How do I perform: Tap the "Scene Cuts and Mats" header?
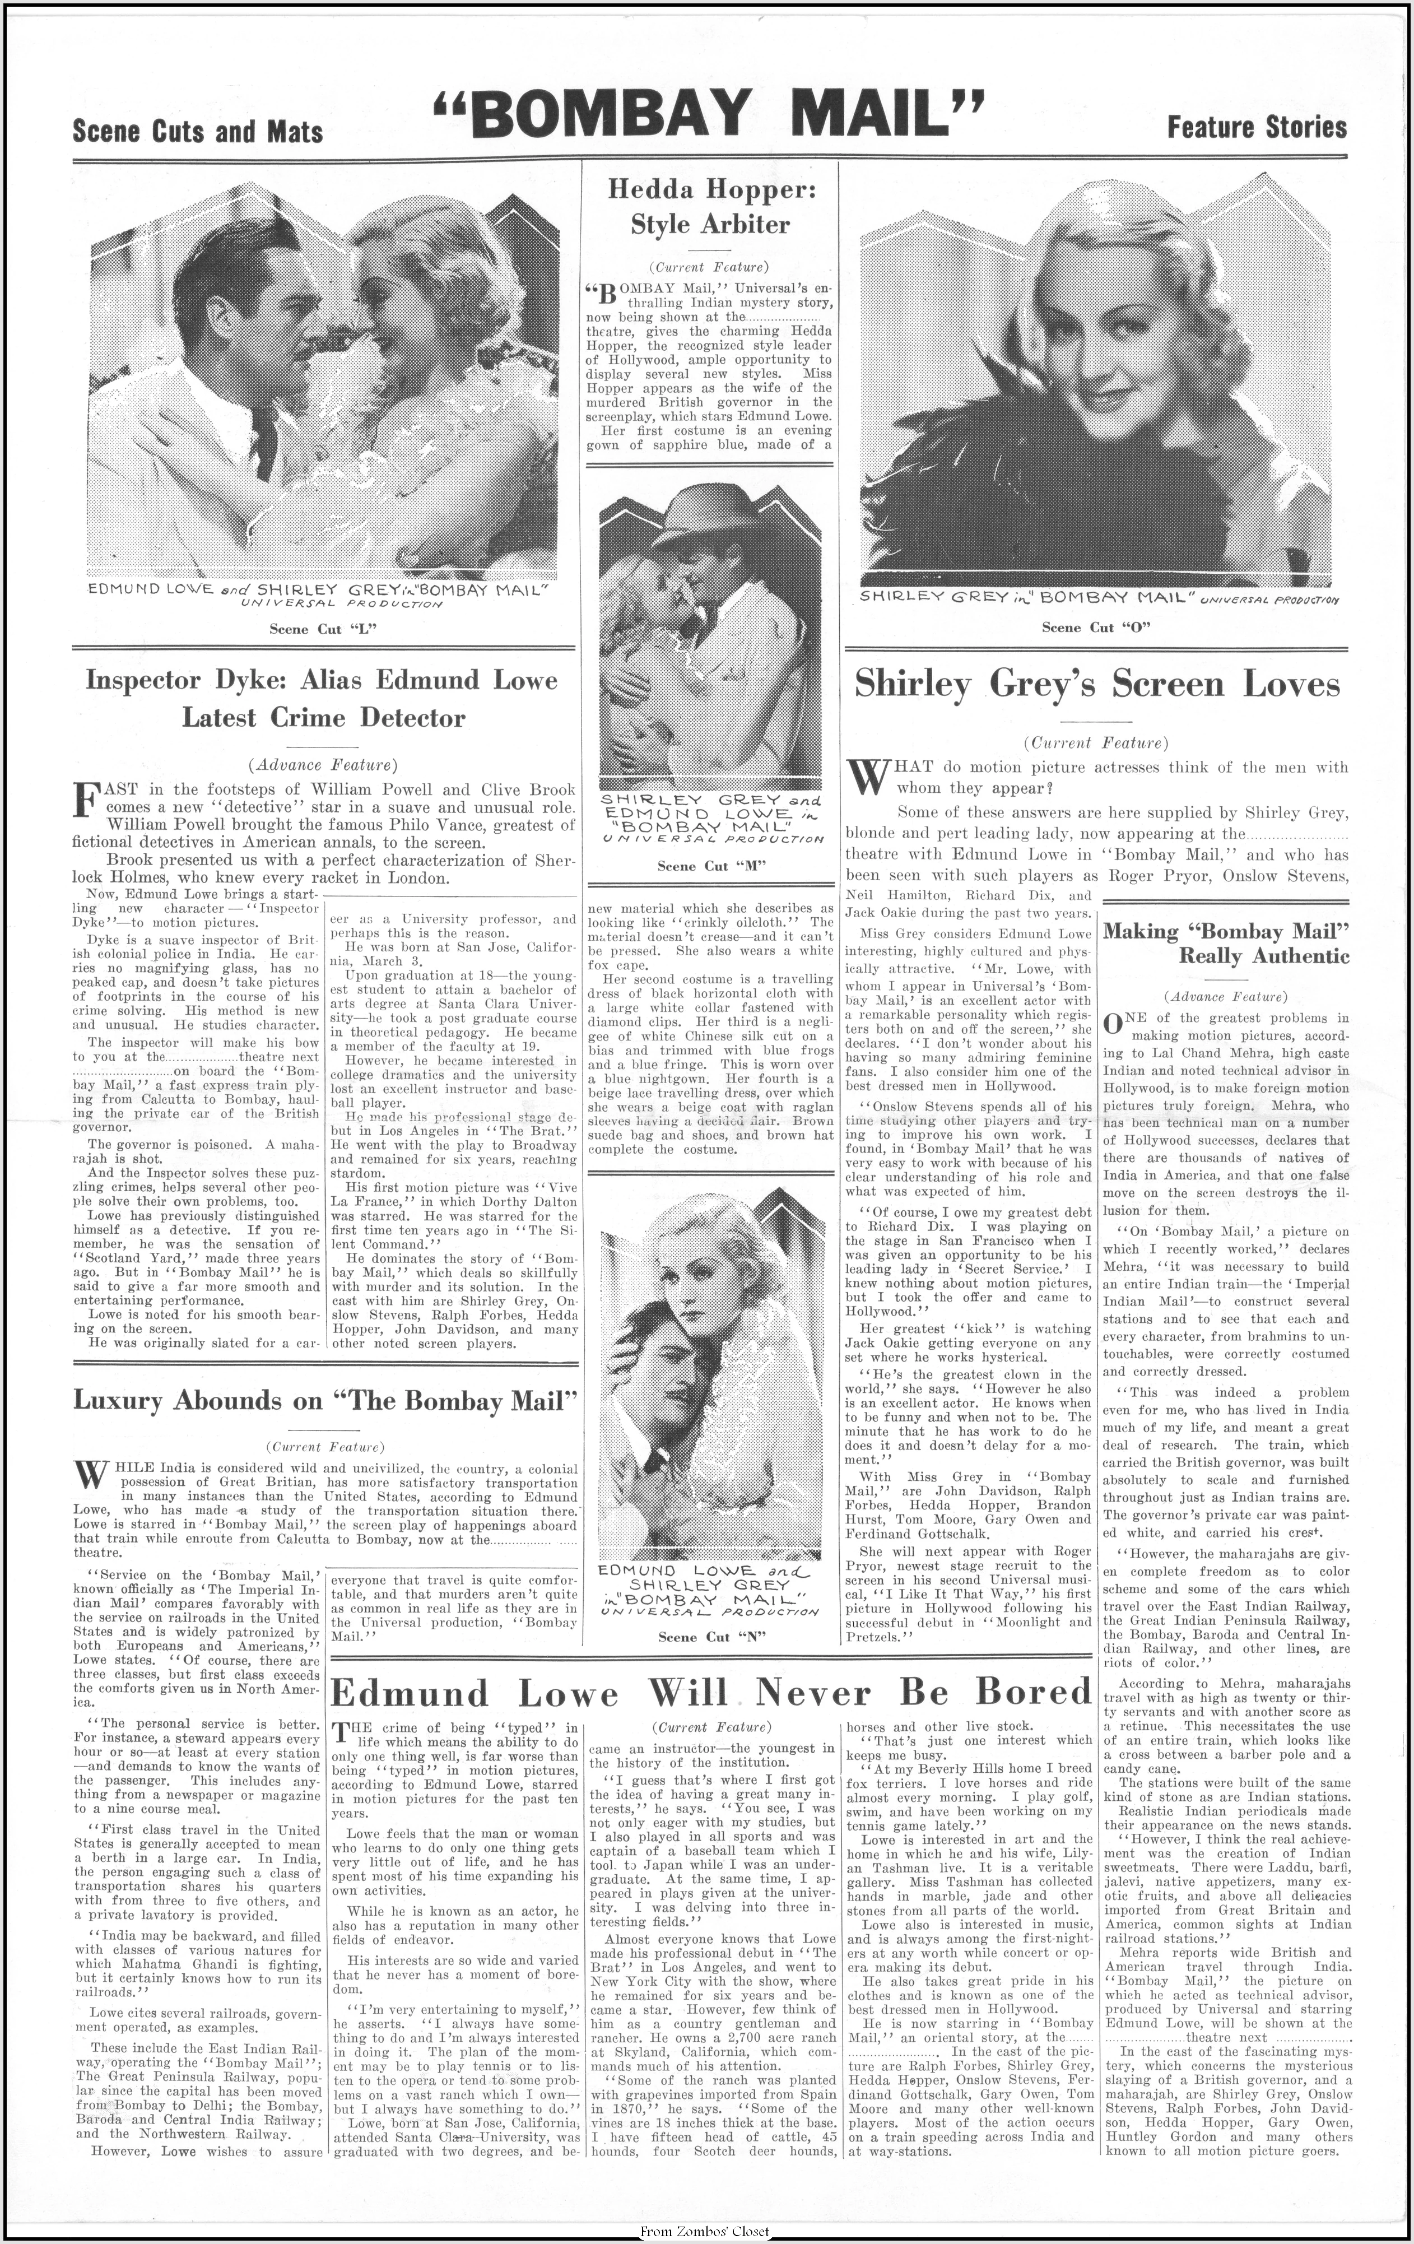[197, 132]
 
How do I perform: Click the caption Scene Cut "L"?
[322, 629]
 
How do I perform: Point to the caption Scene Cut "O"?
[1095, 627]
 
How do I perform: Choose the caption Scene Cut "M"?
[711, 866]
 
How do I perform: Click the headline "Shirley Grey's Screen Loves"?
[1097, 685]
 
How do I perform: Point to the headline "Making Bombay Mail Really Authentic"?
[1226, 943]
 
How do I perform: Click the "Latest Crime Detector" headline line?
[322, 718]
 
